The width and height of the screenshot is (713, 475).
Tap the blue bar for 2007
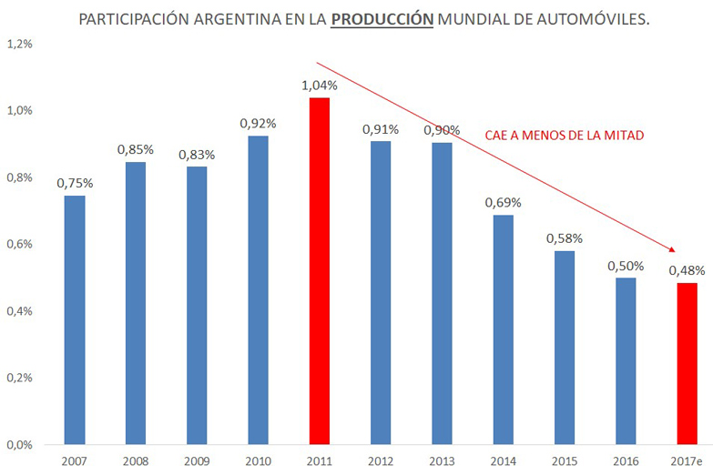pos(75,319)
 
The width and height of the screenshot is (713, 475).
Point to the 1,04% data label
pos(320,86)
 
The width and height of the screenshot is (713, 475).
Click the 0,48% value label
pos(686,270)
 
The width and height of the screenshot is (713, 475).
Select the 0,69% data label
pos(502,203)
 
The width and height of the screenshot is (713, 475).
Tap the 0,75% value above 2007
pos(75,183)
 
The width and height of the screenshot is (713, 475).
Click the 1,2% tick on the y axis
pos(19,44)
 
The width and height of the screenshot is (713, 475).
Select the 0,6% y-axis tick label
pos(19,244)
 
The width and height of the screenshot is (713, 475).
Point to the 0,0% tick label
pos(19,445)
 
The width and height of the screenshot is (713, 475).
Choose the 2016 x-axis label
pos(625,461)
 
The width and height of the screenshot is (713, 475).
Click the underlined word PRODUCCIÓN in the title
pos(382,19)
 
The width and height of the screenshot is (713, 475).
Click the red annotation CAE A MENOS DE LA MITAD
pos(564,136)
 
